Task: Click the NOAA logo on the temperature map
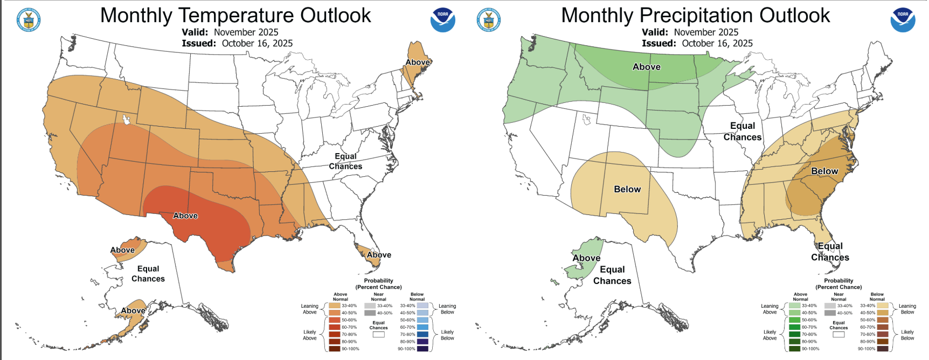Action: [442, 19]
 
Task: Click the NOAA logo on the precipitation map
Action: [903, 19]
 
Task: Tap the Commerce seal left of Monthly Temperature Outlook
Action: [29, 20]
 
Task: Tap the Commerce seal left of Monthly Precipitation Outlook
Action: [489, 20]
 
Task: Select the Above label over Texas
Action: [185, 216]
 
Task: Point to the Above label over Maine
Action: [418, 62]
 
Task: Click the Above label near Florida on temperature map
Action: [379, 255]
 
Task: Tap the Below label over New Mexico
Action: [627, 189]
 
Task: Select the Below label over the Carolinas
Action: [824, 171]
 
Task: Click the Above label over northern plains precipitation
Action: [646, 67]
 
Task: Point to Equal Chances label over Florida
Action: [830, 252]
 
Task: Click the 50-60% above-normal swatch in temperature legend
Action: [335, 320]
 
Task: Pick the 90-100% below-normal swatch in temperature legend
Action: [422, 349]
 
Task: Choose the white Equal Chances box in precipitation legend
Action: [838, 335]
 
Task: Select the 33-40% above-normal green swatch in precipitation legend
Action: [795, 306]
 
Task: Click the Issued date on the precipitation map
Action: [717, 44]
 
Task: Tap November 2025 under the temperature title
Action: [246, 32]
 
